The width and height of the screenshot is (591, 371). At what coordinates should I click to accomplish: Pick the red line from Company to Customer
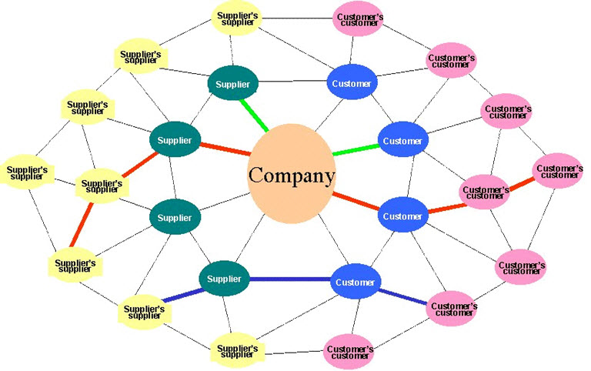click(355, 202)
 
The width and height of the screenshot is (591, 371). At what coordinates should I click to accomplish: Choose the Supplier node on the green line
click(232, 83)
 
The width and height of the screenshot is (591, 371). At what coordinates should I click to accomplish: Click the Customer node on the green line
click(402, 141)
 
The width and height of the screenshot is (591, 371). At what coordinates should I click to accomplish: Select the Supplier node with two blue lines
click(225, 277)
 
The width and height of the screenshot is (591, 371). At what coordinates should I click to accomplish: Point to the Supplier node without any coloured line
click(174, 217)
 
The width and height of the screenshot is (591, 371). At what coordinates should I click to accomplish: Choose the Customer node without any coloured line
click(352, 83)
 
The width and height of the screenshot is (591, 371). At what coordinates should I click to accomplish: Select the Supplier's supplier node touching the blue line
click(144, 311)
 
